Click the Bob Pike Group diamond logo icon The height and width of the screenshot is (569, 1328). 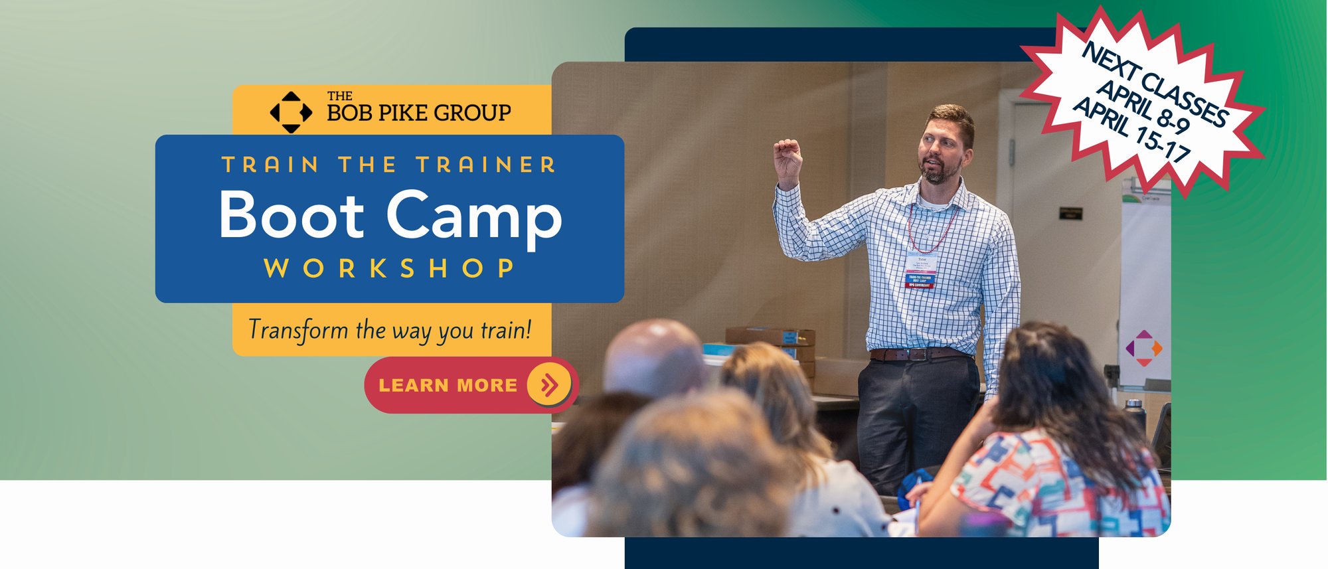pos(291,112)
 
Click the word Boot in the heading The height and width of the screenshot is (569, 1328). pos(291,215)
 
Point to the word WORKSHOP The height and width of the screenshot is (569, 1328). pos(389,268)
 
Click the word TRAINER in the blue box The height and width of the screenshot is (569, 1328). pos(486,165)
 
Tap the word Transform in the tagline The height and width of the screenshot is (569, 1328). pos(298,330)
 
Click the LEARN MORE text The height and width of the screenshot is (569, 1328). pos(448,385)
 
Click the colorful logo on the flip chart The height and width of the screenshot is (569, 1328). pos(1144,347)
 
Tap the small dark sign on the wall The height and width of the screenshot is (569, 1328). pos(1070,213)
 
